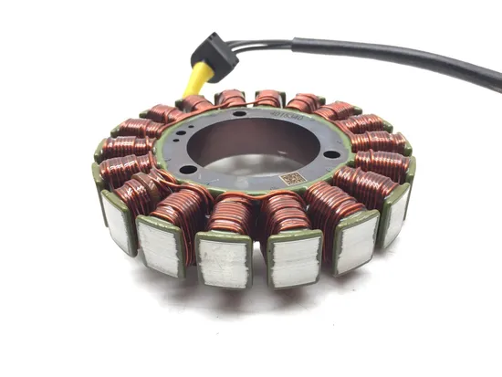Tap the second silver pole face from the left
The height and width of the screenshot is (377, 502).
click(160, 245)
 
